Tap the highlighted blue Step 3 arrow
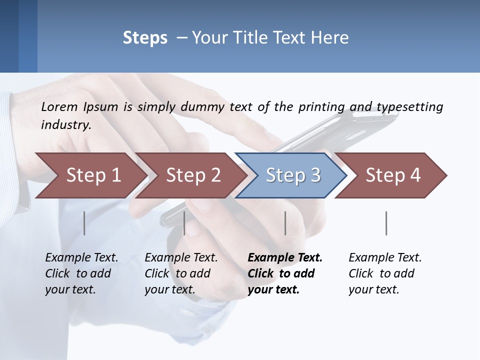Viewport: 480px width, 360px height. coord(293,175)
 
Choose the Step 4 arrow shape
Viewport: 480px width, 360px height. coord(393,175)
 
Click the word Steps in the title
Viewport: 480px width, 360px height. coord(145,38)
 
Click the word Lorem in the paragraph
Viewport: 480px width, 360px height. coord(59,107)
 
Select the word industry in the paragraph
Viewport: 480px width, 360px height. coord(66,125)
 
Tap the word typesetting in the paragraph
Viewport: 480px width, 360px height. coord(410,107)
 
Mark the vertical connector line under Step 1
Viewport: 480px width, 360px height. coord(84,223)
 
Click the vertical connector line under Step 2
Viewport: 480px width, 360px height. coord(184,223)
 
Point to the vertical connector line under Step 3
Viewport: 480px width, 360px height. coord(285,223)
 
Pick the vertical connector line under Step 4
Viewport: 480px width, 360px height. coord(386,223)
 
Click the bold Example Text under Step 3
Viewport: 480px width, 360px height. coord(285,258)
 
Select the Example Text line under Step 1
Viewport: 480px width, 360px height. coord(81,258)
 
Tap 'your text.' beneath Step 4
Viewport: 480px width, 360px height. coord(373,289)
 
